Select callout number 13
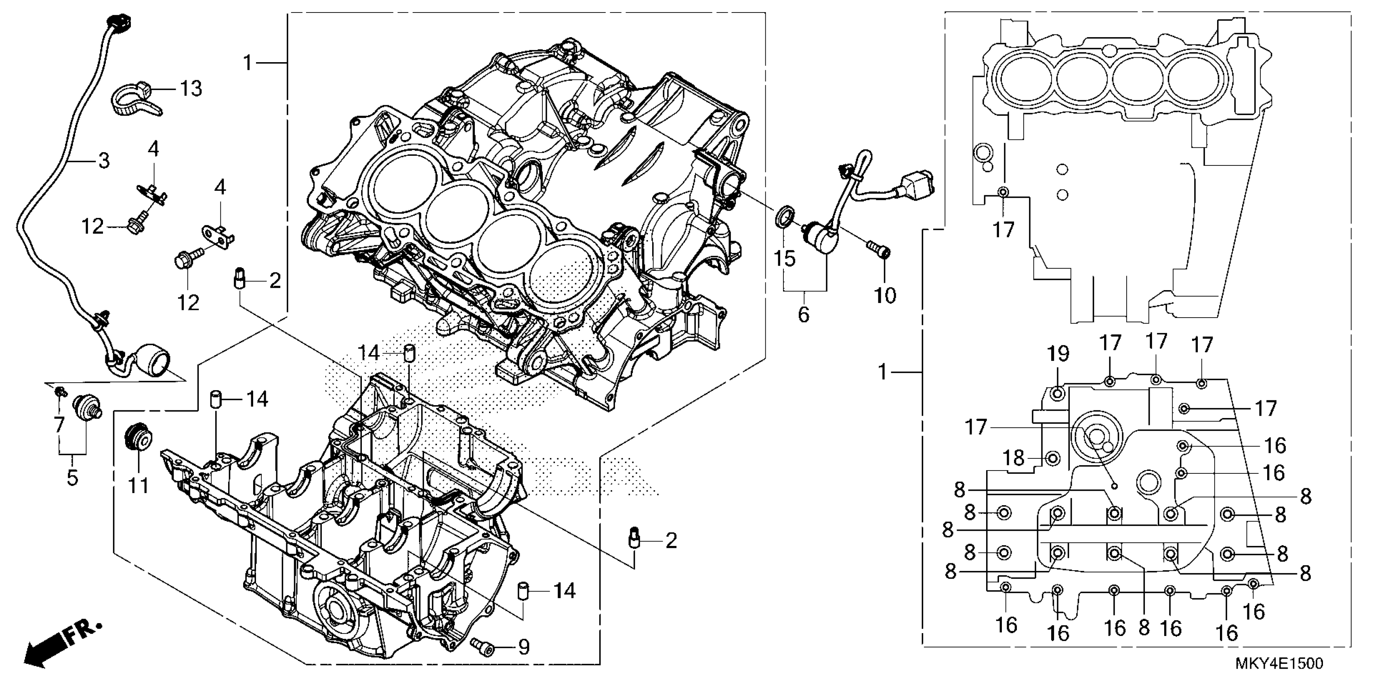[x=190, y=88]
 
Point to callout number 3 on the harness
[x=103, y=160]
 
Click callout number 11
[x=139, y=486]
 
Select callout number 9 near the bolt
[x=523, y=647]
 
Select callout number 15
[x=784, y=258]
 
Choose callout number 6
[x=803, y=314]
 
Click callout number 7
[x=58, y=424]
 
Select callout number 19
[x=1058, y=353]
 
